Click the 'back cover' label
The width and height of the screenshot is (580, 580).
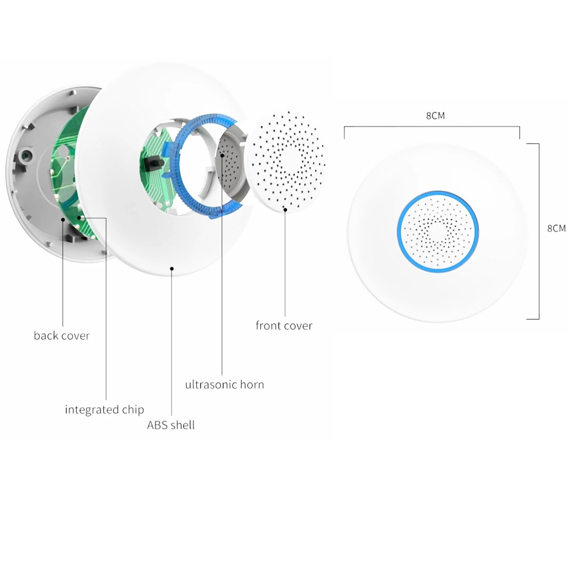62,336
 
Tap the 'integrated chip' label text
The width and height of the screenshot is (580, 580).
104,410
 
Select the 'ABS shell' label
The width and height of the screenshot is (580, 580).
171,425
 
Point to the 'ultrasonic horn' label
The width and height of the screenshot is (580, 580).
224,384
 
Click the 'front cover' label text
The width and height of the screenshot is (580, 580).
284,326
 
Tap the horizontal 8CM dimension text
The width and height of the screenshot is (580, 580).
435,116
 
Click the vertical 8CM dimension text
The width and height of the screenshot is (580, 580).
556,228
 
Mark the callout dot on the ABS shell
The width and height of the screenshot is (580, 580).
172,269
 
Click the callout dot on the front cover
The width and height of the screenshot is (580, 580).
285,210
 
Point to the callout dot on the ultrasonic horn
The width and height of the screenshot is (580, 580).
222,155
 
